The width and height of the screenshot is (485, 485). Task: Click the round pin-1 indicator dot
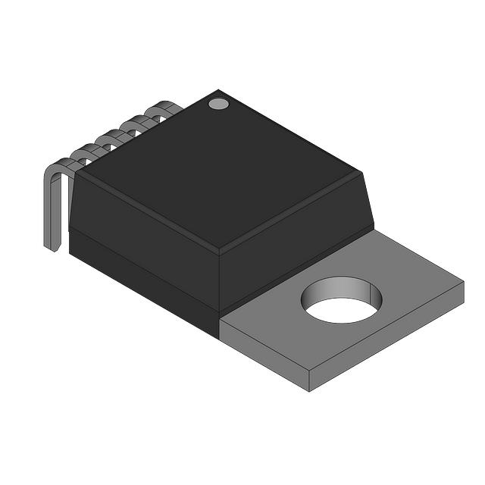(x=218, y=103)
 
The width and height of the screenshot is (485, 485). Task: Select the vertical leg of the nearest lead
(x=49, y=212)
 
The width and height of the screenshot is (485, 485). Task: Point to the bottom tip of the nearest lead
(x=52, y=248)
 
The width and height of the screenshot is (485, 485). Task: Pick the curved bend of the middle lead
(x=114, y=136)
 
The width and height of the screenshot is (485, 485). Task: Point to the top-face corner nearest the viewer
(x=219, y=252)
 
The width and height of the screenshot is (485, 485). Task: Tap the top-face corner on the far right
(x=361, y=174)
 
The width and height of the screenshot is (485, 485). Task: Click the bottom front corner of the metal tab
(x=310, y=390)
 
